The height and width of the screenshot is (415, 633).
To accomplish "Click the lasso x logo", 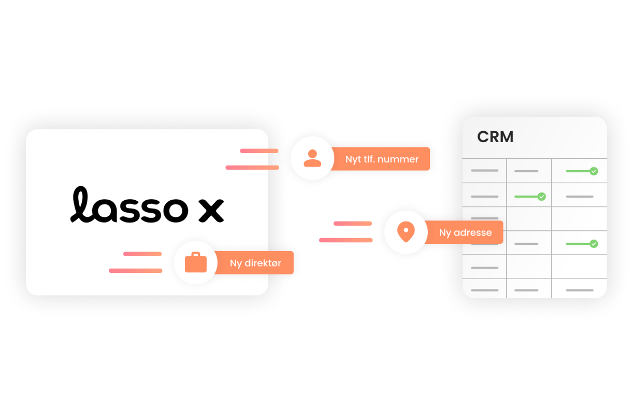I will [x=147, y=205].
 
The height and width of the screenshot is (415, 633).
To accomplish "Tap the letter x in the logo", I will [x=211, y=210].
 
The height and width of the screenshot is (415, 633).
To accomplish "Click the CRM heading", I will [x=495, y=137].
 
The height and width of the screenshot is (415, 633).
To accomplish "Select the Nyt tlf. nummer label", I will [x=382, y=159].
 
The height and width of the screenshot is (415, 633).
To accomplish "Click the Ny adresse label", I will [x=465, y=232].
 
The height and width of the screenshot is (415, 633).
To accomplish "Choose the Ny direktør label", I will [x=255, y=263].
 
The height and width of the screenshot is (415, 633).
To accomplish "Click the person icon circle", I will [x=312, y=158].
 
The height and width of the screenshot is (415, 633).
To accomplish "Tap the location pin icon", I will [x=406, y=232].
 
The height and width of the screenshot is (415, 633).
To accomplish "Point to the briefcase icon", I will [x=196, y=262].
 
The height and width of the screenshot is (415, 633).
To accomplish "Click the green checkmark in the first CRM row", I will [x=594, y=171].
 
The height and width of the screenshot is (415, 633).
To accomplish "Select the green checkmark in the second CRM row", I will [x=541, y=197].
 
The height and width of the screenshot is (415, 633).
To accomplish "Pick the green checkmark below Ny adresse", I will [x=594, y=243].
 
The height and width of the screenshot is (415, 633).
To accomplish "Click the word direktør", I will [x=263, y=263].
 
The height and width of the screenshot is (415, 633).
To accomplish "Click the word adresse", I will [x=472, y=232].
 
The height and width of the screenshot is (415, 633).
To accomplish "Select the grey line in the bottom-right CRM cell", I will [x=580, y=290].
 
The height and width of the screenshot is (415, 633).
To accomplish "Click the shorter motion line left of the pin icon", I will [x=352, y=224].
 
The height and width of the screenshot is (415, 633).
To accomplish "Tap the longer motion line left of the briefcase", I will [x=135, y=270].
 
